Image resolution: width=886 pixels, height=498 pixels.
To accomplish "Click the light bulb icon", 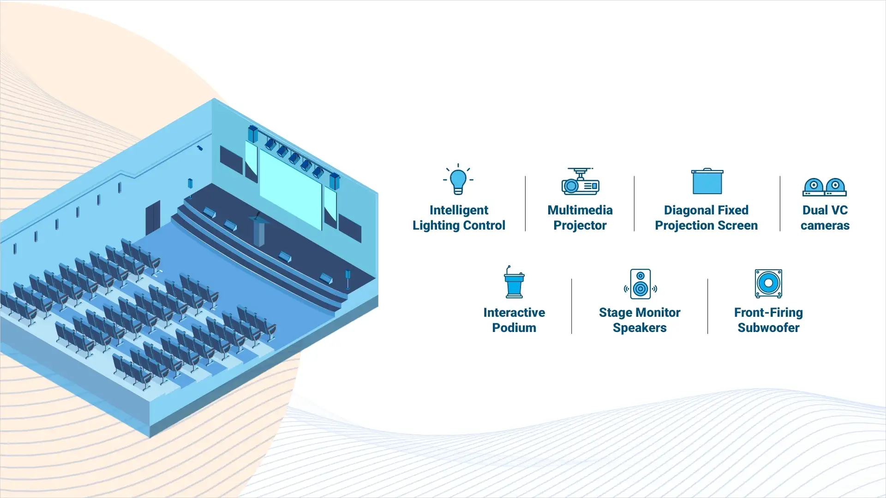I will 458,181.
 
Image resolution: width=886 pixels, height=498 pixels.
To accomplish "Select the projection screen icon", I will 707,182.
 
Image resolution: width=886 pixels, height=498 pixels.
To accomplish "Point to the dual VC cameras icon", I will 825,187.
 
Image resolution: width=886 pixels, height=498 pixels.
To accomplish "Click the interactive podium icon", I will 514,283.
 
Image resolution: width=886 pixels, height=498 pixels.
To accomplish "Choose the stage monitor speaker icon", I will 640,284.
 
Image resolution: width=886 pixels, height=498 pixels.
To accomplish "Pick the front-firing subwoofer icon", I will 768,284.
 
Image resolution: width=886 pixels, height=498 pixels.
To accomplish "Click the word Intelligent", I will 459,210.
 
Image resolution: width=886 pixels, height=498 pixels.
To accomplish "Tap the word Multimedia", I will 580,210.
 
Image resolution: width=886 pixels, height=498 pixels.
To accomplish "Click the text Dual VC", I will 825,210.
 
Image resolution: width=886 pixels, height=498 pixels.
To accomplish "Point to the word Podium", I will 514,328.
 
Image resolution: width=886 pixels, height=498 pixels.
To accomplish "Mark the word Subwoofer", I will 768,328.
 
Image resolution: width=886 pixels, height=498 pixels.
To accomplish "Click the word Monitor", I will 658,313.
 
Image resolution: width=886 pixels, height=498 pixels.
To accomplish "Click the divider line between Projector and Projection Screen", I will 634,203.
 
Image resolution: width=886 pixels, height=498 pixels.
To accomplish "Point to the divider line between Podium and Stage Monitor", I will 571,306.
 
